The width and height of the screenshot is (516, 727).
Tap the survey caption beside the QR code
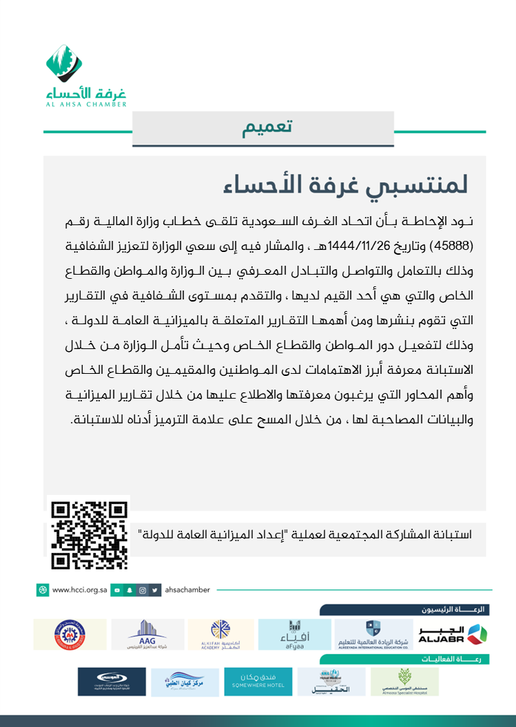[305, 534]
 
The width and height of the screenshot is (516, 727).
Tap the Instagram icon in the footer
[142, 590]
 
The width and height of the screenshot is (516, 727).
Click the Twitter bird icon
[155, 590]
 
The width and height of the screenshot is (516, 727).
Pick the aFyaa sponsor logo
[294, 634]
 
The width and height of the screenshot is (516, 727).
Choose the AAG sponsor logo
[147, 634]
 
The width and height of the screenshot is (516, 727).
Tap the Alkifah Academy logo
[220, 634]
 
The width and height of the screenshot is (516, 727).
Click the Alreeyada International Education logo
[372, 634]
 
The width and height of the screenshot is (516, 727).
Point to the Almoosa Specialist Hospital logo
[405, 681]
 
